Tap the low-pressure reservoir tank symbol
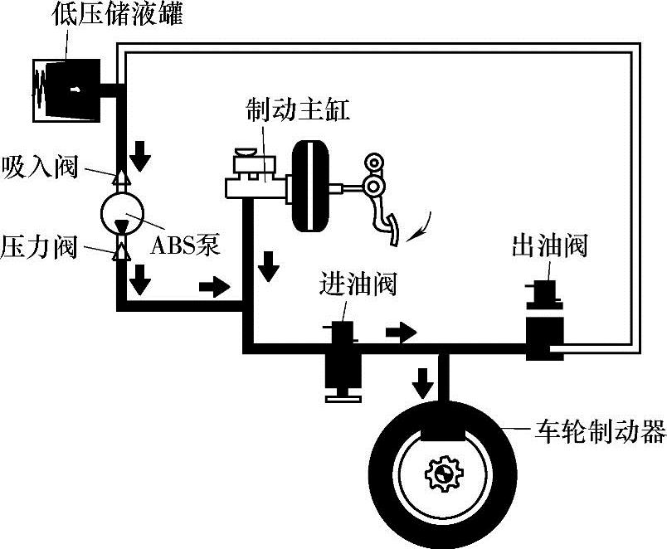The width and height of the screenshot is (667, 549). tap(67, 88)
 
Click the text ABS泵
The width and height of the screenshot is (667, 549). tap(184, 246)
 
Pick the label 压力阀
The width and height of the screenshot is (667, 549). tap(39, 246)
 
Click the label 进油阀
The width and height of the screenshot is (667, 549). tap(358, 284)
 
